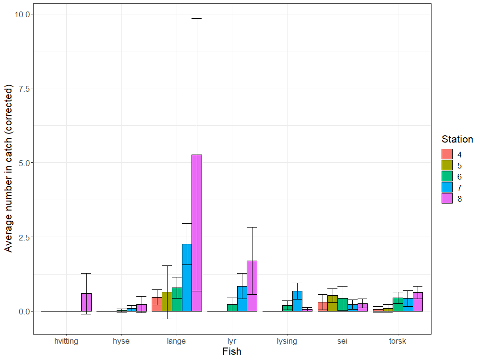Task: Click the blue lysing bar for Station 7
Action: (297, 301)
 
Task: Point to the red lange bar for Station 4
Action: (157, 304)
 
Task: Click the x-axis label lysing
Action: (287, 341)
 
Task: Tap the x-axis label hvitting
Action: (66, 341)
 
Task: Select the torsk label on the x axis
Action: (398, 341)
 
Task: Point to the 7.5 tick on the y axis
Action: (21, 88)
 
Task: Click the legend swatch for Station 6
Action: (447, 177)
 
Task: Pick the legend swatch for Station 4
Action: (447, 155)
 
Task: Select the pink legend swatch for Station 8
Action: (447, 199)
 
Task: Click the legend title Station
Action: (457, 139)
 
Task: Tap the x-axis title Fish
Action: (232, 351)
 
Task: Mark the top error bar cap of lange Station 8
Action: (197, 18)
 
